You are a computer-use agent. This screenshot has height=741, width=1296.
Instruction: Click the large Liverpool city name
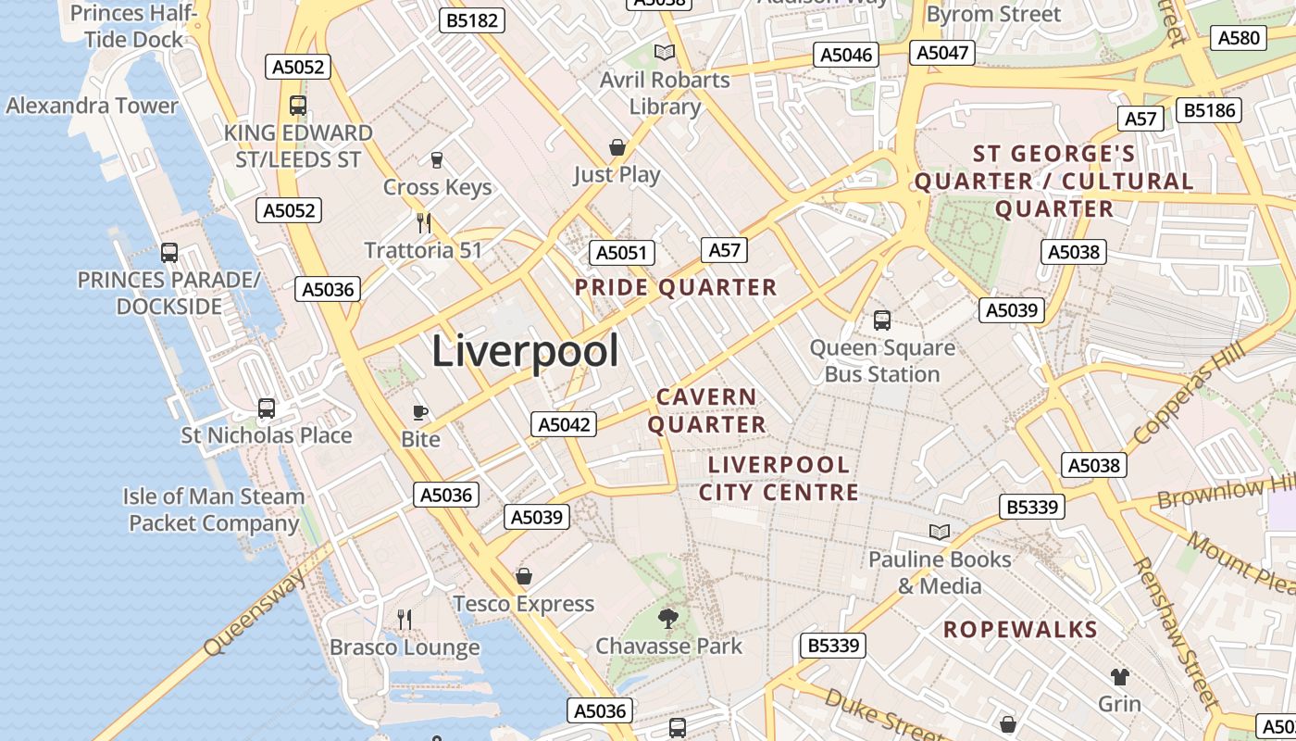tap(525, 351)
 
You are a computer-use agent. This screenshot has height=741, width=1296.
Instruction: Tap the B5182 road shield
tap(471, 20)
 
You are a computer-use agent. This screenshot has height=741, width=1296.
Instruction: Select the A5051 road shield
tap(622, 253)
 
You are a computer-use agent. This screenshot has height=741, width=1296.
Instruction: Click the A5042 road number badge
tap(564, 424)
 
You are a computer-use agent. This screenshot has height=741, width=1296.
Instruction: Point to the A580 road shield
tap(1239, 38)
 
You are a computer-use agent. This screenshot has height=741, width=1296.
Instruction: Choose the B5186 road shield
tap(1209, 111)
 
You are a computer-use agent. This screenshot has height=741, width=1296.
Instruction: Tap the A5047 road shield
tap(942, 53)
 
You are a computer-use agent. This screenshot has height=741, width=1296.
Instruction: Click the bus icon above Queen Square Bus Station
tap(882, 320)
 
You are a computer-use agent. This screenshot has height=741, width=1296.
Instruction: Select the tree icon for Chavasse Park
tap(667, 618)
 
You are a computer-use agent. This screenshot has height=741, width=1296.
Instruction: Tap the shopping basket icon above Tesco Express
tap(524, 576)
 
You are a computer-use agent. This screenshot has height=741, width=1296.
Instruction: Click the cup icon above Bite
tap(420, 411)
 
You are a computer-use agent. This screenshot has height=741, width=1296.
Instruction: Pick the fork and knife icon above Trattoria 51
tap(424, 222)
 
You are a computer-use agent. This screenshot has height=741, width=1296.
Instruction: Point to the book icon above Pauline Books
tap(940, 532)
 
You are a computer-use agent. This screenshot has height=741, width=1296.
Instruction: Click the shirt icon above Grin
tap(1120, 676)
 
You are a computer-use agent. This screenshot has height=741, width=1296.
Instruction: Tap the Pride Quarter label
tap(676, 287)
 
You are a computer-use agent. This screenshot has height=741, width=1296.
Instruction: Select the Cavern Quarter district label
tap(707, 410)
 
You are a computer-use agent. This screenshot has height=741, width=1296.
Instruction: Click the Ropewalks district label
tap(1020, 630)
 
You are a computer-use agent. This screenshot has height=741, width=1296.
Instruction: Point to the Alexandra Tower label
tap(92, 106)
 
